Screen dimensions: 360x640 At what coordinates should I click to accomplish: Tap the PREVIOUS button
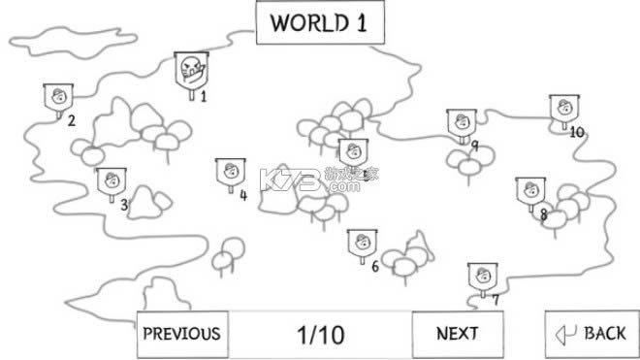tap(182, 334)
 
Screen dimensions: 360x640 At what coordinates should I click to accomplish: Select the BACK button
tap(592, 334)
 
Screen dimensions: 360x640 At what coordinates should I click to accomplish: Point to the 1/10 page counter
tap(320, 335)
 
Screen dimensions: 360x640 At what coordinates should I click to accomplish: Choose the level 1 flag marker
tap(190, 70)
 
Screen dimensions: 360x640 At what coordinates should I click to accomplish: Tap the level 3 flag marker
tap(110, 181)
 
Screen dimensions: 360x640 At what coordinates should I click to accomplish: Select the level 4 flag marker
tap(230, 174)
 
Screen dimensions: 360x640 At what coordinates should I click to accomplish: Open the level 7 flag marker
tap(482, 276)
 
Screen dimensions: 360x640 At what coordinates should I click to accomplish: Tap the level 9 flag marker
tap(461, 123)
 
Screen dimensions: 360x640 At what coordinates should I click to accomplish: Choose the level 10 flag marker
tap(563, 110)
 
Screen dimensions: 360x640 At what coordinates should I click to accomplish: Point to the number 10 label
tap(577, 132)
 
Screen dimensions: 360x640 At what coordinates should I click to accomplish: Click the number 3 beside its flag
tap(124, 205)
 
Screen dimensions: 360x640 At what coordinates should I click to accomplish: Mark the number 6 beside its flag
tap(374, 267)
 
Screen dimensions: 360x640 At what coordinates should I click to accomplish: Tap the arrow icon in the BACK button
tap(565, 335)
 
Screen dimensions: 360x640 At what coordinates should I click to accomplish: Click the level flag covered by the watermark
tap(350, 152)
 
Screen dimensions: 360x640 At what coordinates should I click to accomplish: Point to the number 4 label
tap(243, 195)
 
